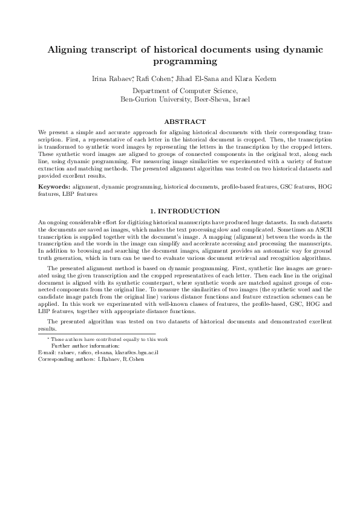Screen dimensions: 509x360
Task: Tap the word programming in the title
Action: [x=180, y=62]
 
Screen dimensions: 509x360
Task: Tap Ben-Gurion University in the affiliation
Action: [x=155, y=99]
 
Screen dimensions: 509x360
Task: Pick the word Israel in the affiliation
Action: [x=240, y=99]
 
